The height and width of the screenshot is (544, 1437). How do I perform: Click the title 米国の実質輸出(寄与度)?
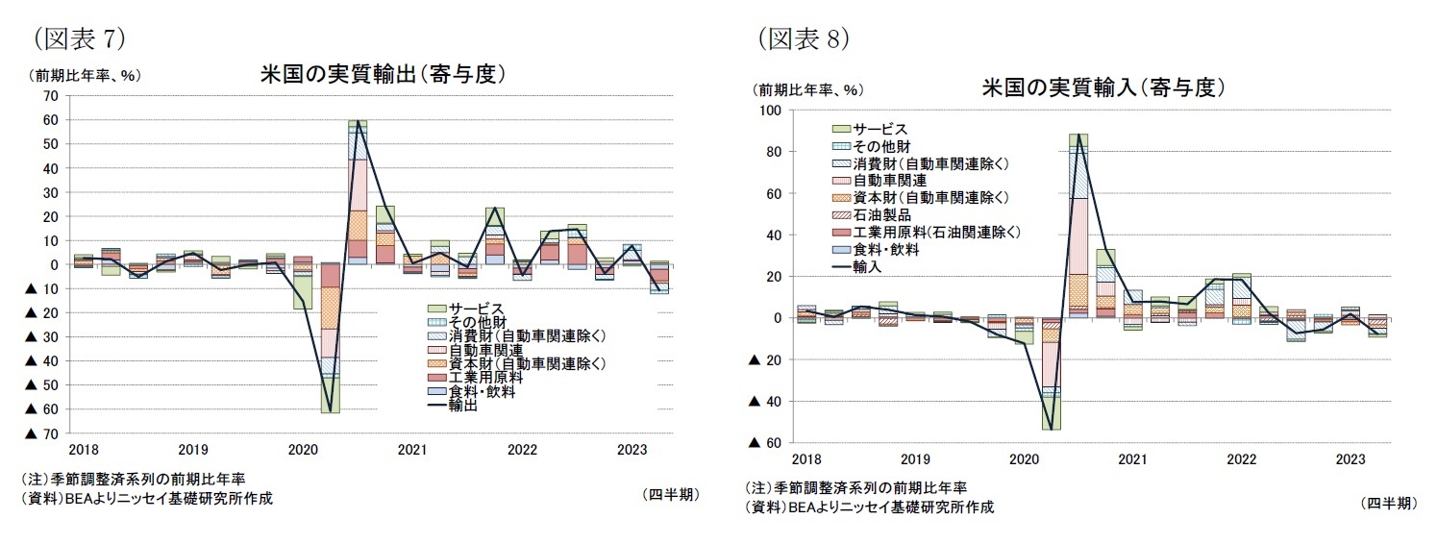pos(383,74)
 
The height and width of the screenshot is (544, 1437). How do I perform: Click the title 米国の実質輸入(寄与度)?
pos(1103,87)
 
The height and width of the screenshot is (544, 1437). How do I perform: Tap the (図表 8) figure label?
pos(804,37)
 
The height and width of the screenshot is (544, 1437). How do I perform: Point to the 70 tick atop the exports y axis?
pos(50,96)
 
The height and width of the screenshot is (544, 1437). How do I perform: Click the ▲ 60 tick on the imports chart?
pos(765,443)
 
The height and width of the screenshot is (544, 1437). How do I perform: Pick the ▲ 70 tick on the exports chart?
pos(42,433)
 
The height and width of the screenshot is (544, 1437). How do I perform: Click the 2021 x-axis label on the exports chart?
pos(412,449)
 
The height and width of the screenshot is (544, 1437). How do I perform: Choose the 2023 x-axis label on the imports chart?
pos(1350,459)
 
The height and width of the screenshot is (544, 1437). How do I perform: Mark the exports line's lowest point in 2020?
pos(330,411)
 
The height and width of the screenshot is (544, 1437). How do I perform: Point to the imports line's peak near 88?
pos(1078,135)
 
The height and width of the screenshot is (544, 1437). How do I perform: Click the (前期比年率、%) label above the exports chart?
pos(87,76)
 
